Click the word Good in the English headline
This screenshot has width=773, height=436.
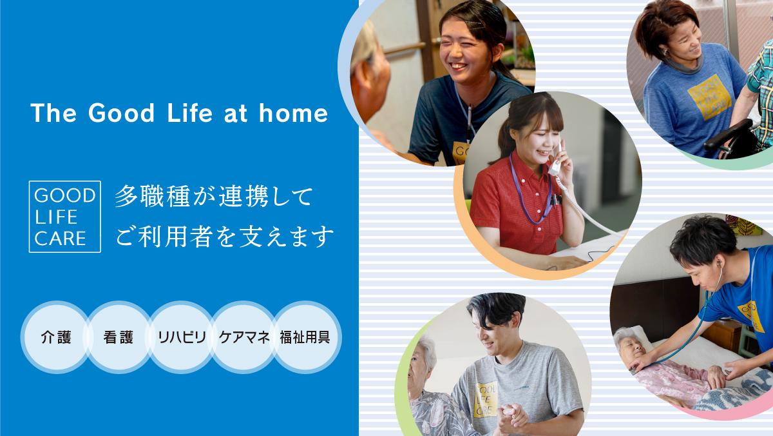pos(121,113)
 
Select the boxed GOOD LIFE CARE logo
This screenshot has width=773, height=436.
pos(65,217)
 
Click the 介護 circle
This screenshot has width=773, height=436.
pos(56,337)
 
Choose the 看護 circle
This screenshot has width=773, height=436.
pos(119,337)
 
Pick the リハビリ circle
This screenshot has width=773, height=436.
pos(182,337)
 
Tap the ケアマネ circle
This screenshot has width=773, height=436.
pos(244,337)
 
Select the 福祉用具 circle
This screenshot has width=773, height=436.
pos(306,337)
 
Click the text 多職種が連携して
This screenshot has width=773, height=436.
pos(214,196)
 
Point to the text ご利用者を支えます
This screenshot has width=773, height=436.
pos(224,237)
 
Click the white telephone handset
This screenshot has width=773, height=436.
pos(557,163)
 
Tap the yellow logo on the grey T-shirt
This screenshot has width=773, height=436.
pos(486,400)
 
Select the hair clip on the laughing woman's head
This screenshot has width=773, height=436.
pos(473,23)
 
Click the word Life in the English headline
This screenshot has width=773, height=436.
pos(190,113)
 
